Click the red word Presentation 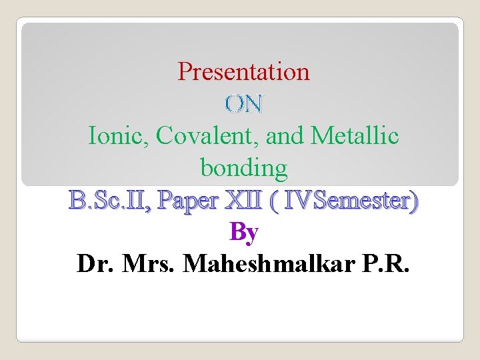click(x=243, y=71)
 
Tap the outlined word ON click(x=244, y=103)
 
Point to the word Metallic click(x=355, y=136)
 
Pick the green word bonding click(x=243, y=168)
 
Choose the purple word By click(x=243, y=232)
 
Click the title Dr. click(x=93, y=264)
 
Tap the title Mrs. click(x=147, y=264)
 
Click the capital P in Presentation click(x=184, y=71)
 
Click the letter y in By click(x=252, y=234)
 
